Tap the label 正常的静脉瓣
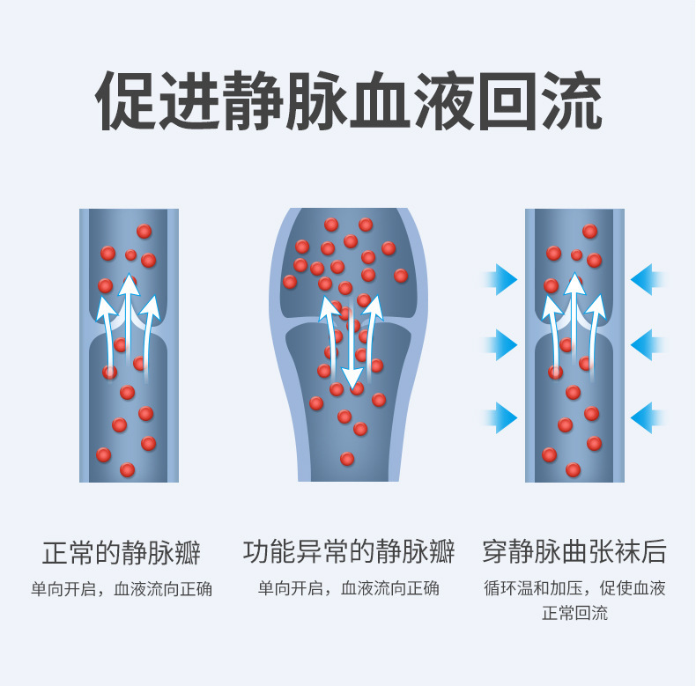[x=122, y=554]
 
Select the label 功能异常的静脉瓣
[x=349, y=554]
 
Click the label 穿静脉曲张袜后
[x=574, y=554]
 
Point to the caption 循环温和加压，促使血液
[x=574, y=588]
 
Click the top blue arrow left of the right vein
[x=502, y=280]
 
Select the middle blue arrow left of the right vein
[x=502, y=344]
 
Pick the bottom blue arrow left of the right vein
[x=502, y=417]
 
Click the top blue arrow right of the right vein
[x=647, y=280]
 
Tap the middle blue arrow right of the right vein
[x=647, y=344]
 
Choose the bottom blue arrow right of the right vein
[x=647, y=417]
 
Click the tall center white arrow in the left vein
[x=130, y=317]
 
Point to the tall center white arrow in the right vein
[x=575, y=317]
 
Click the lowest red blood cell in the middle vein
[x=347, y=459]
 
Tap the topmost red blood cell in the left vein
[x=144, y=232]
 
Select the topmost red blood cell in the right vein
[x=589, y=232]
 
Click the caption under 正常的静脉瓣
[x=122, y=588]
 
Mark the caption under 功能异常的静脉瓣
[x=349, y=588]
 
